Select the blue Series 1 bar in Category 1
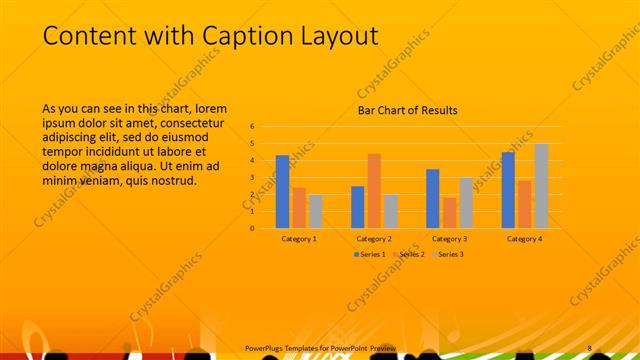[282, 191]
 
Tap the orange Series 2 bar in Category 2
[374, 190]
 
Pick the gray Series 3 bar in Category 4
[541, 186]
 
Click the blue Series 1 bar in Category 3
[432, 198]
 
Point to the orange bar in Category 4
[525, 204]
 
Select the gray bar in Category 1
[315, 211]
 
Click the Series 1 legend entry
[371, 255]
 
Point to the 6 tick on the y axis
[253, 127]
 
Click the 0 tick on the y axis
[253, 228]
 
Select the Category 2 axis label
[374, 239]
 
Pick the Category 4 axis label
[524, 239]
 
